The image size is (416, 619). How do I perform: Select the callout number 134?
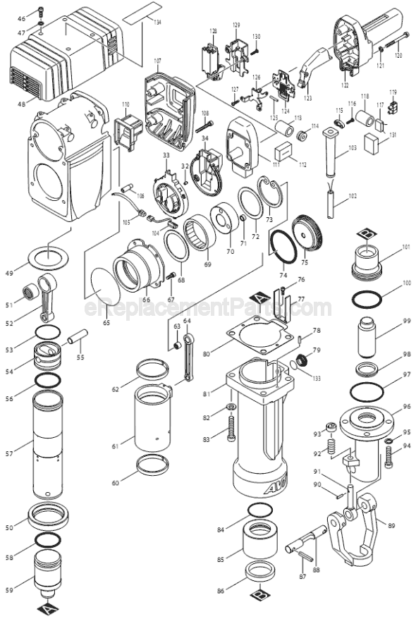tap(157, 23)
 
